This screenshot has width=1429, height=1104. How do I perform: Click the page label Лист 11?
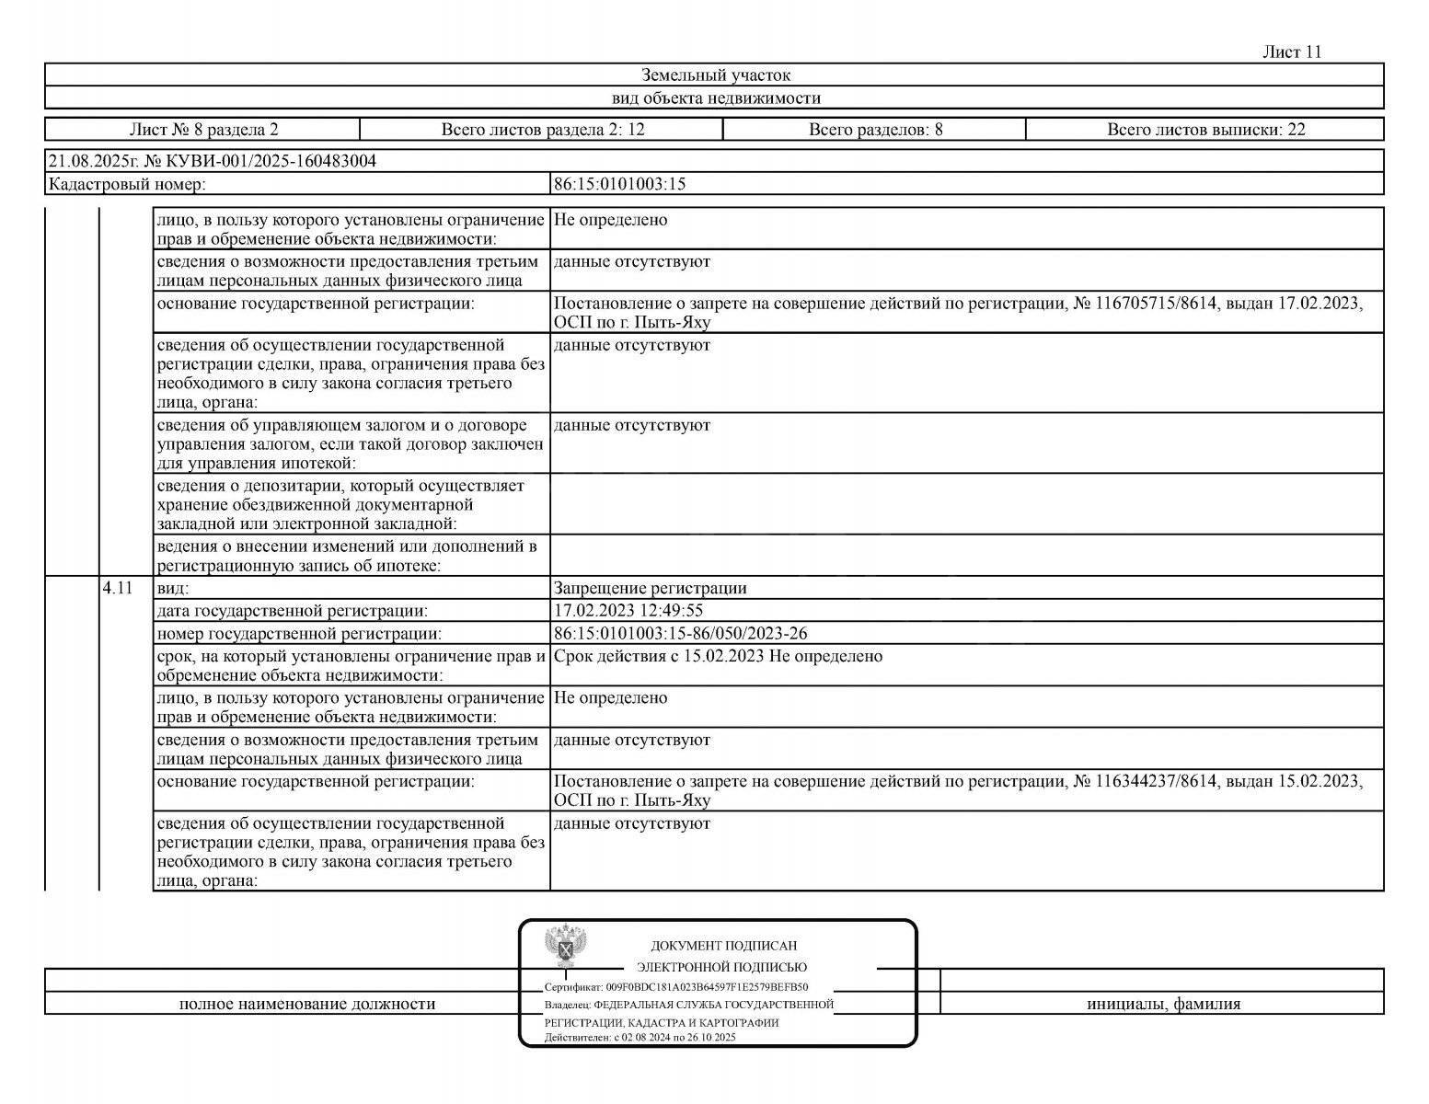click(1292, 52)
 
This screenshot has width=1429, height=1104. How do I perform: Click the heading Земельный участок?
click(715, 75)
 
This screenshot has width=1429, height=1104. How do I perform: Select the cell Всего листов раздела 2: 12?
click(543, 130)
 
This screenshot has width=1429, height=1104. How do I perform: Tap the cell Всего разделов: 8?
click(875, 130)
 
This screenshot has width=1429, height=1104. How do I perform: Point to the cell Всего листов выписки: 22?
click(1205, 130)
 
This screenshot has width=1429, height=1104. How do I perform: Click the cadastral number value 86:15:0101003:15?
click(619, 184)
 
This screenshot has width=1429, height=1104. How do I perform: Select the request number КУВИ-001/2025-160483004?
click(270, 162)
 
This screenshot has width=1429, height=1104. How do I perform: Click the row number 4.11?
click(118, 588)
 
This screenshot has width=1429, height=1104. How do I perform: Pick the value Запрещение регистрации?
click(650, 588)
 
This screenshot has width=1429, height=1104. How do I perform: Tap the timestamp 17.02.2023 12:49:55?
click(628, 611)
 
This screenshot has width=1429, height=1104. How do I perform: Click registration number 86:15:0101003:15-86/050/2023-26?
click(681, 634)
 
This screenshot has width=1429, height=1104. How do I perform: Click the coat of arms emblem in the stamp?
click(566, 946)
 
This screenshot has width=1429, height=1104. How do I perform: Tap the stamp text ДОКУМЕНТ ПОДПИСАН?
click(723, 946)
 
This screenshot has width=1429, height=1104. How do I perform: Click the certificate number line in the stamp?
click(676, 986)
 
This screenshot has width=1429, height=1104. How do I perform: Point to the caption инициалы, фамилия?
click(1163, 1004)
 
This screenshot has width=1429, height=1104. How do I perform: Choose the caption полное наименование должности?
click(307, 1004)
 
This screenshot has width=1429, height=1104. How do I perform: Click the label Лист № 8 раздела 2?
click(203, 130)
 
